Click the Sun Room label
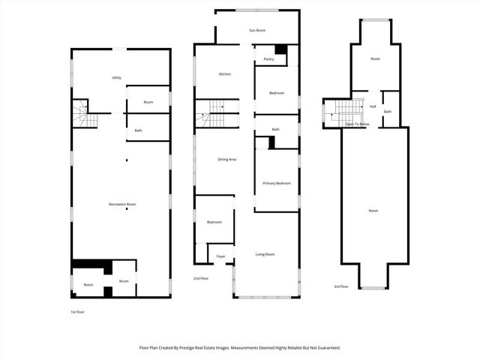257,30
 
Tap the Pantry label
268,58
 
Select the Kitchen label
224,74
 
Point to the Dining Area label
227,160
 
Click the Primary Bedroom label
276,183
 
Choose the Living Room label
265,254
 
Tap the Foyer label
220,256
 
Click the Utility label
116,78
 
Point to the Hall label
373,106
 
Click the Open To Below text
357,124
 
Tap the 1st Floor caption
76,311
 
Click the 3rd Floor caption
341,286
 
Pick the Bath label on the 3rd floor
388,112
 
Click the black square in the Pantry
280,49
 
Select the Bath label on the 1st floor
138,130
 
